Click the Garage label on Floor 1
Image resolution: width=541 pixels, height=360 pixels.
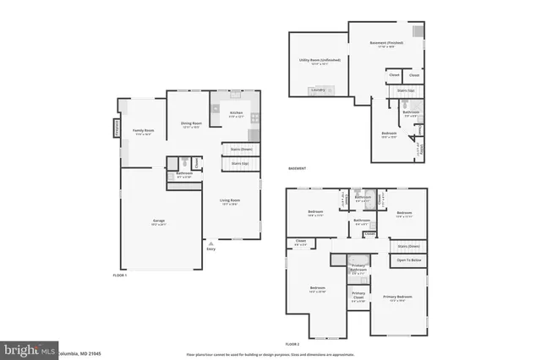point(158,221)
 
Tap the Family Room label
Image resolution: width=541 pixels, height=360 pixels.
point(143,131)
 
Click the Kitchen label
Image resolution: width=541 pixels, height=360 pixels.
point(236,113)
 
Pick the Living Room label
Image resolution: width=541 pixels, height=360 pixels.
point(229,203)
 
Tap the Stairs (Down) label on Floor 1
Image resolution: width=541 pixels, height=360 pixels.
point(241,149)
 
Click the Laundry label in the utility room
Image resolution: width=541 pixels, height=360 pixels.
point(318,90)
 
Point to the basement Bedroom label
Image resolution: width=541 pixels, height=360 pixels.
point(389,134)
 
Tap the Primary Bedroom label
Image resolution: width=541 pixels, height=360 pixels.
point(397,297)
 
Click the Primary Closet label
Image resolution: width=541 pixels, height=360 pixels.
point(358,297)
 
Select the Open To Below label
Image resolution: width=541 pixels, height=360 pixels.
point(409,260)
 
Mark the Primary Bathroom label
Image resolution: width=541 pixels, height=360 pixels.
point(358,270)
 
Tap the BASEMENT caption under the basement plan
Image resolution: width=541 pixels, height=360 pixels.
point(297,169)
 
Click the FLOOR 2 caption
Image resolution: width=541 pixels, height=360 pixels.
point(292,344)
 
